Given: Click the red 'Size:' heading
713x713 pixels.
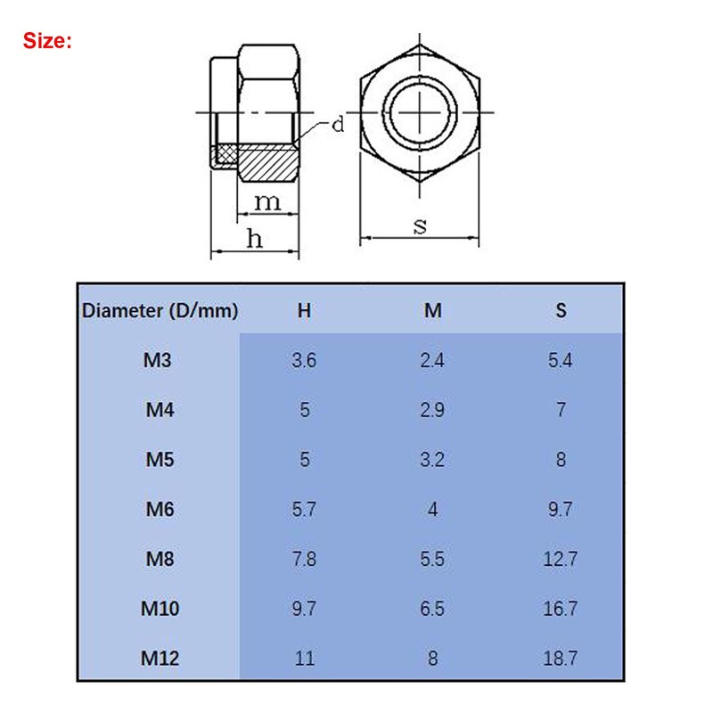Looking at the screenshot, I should [x=47, y=40].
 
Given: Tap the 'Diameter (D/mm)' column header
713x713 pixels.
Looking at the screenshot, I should [x=160, y=311].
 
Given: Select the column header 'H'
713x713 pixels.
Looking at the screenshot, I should [x=304, y=311].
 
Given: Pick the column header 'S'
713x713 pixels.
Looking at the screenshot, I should [x=560, y=311].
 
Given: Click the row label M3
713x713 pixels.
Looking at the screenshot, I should [x=158, y=361].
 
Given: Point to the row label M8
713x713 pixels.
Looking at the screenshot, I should [x=158, y=559].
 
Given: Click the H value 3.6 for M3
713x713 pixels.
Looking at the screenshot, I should [x=304, y=361].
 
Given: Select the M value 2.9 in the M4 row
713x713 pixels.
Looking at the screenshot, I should [x=432, y=411].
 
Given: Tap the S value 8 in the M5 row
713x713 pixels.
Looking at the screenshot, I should [x=560, y=461].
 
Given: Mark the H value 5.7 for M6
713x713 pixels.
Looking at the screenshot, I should [x=304, y=510].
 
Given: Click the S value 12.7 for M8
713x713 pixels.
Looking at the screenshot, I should [x=560, y=559].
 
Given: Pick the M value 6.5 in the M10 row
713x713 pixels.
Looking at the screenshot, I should [x=432, y=609].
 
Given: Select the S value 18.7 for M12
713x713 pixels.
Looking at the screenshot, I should [x=560, y=659].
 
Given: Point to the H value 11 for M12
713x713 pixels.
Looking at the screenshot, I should [x=304, y=659].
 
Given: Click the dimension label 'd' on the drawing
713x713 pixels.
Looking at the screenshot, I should [x=338, y=125].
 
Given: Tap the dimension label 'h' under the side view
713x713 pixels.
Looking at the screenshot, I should [x=255, y=238].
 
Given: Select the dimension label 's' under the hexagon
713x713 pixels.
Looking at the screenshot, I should [x=420, y=225].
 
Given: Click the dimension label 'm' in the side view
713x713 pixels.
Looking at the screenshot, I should [x=267, y=202].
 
